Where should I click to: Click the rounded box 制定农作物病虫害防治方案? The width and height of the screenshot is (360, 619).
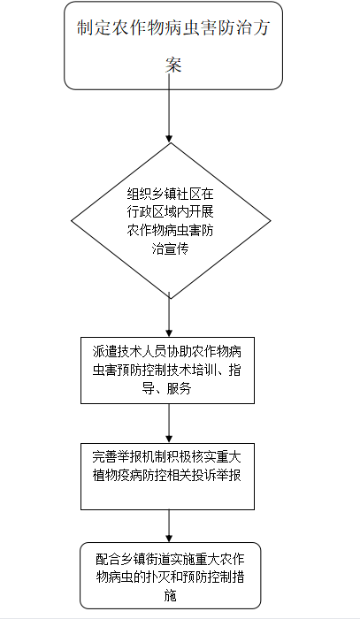(173, 45)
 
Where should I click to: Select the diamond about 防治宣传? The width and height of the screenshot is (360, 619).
(171, 220)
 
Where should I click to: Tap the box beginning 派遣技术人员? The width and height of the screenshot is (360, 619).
(167, 371)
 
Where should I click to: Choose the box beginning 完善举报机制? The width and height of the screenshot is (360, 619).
(167, 477)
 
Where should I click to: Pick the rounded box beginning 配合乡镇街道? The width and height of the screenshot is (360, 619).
(170, 576)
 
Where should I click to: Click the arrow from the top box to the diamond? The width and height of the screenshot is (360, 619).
(169, 107)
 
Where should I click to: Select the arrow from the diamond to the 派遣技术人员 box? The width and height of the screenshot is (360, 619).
(169, 315)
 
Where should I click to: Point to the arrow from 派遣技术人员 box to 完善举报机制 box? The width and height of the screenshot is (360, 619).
(169, 424)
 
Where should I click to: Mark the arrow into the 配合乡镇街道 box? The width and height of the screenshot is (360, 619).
(169, 526)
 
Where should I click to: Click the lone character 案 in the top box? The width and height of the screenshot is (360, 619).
(172, 65)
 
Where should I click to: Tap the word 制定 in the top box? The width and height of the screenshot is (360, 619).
(94, 28)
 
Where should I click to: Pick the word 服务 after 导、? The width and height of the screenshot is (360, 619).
(179, 389)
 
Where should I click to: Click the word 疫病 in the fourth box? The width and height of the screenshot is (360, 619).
(129, 475)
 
